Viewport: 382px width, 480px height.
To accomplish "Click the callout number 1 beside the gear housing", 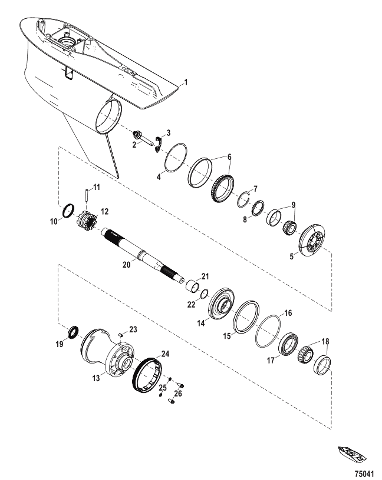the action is tap(186, 82).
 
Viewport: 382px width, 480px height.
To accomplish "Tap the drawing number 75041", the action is tap(364, 474).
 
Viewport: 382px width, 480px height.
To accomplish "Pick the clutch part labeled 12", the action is tap(87, 219).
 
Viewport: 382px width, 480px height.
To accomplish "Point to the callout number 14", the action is tap(201, 323).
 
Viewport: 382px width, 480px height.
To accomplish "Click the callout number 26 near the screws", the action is tap(178, 394).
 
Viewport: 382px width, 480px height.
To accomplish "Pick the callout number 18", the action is tap(325, 341).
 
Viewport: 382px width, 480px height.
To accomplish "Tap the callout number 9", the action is tap(294, 204).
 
